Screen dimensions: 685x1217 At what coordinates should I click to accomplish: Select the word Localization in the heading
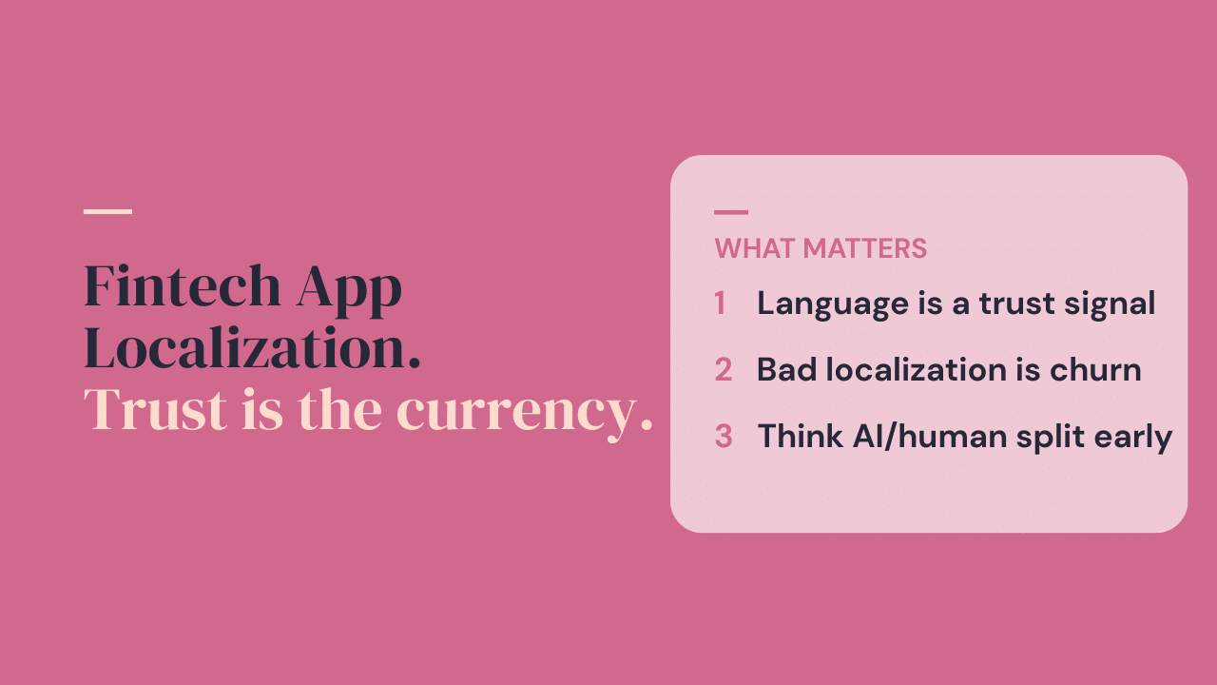(x=252, y=349)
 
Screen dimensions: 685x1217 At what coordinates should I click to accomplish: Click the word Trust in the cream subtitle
(x=155, y=411)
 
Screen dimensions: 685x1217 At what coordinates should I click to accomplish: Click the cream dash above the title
(x=107, y=211)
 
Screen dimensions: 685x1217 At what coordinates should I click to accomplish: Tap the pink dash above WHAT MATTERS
(x=731, y=212)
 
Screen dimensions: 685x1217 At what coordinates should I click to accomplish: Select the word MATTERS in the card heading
(x=865, y=249)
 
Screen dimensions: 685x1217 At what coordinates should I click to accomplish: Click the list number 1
(x=720, y=303)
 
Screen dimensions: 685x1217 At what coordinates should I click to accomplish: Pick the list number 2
(x=724, y=370)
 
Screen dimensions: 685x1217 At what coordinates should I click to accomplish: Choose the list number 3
(x=724, y=437)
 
